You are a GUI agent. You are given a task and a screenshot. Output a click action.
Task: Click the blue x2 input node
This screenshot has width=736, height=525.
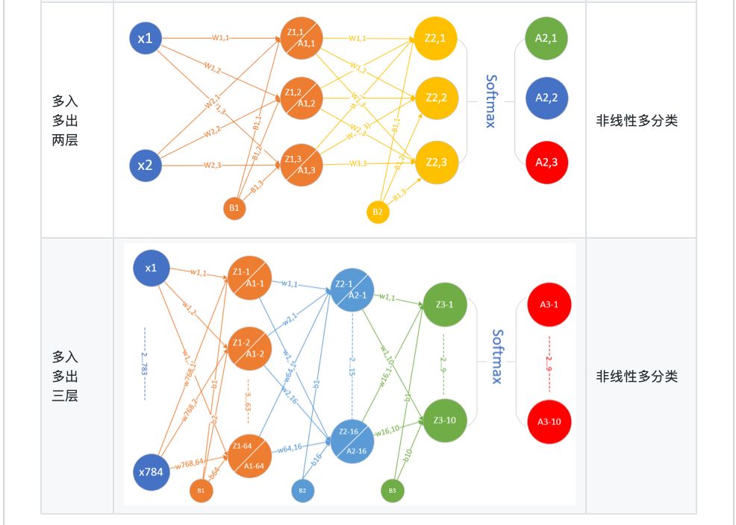(146, 166)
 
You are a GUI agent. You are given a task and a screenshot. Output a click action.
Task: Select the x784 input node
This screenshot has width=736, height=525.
(150, 471)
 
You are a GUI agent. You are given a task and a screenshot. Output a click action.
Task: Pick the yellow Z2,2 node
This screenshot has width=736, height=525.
(436, 98)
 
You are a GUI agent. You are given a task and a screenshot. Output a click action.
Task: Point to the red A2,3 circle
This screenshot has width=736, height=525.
(542, 160)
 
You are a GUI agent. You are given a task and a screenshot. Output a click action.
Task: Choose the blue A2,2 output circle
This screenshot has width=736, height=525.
(542, 98)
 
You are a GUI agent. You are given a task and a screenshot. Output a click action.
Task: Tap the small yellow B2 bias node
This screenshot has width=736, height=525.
(378, 212)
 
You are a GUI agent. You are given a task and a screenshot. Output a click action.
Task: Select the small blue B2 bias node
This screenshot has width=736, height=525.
(302, 490)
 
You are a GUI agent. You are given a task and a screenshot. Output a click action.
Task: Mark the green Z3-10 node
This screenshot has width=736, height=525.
(444, 420)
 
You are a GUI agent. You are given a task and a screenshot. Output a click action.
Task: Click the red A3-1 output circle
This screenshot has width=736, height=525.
(549, 304)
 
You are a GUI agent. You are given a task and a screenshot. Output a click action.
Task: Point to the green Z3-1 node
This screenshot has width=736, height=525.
(444, 304)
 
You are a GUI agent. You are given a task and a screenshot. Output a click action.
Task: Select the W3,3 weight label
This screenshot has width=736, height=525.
(359, 164)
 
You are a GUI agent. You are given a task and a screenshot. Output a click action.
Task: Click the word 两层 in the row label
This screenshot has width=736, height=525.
(65, 139)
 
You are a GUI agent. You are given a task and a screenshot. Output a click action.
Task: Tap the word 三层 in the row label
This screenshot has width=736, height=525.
(65, 396)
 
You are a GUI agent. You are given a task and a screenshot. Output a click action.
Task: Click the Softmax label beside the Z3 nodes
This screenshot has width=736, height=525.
(497, 356)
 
